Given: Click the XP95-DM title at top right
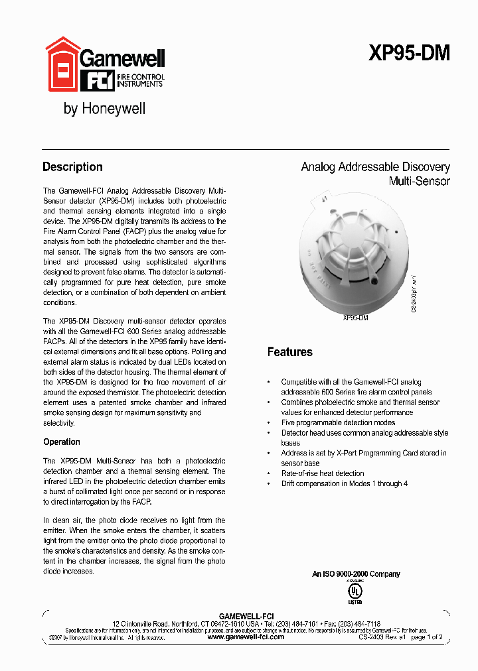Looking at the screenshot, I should click(409, 54).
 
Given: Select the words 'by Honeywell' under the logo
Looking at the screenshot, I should click(104, 109).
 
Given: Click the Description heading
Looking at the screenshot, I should click(72, 167).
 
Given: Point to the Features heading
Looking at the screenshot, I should click(289, 351).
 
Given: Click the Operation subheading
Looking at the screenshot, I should click(62, 442).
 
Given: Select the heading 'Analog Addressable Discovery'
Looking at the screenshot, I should click(375, 167).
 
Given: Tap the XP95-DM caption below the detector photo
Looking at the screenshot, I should click(355, 318).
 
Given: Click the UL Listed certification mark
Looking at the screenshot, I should click(356, 590).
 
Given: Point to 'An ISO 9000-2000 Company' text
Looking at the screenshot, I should click(356, 574).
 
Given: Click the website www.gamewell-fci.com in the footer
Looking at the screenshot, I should click(246, 637).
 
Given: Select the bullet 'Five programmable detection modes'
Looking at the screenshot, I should click(338, 422).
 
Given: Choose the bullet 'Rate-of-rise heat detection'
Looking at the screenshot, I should click(322, 473).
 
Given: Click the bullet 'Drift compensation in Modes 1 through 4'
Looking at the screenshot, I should click(344, 483).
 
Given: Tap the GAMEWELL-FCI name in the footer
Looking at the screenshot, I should click(246, 616).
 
